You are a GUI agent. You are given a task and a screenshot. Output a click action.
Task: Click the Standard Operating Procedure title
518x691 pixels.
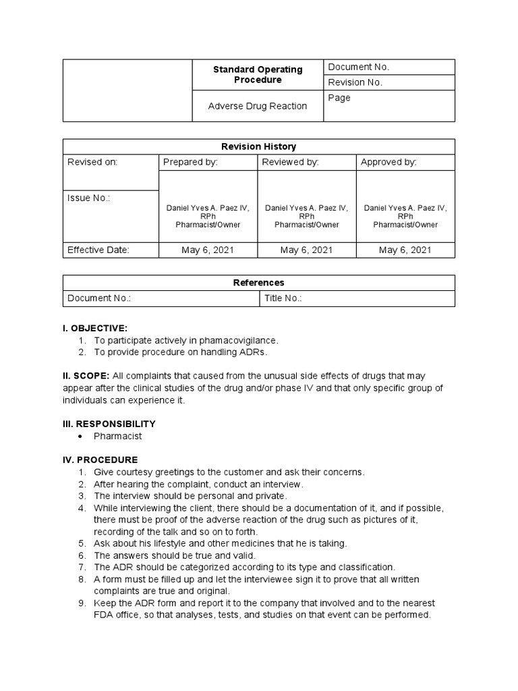pyautogui.click(x=258, y=74)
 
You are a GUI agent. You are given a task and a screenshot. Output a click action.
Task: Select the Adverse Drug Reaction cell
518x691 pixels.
pyautogui.click(x=257, y=106)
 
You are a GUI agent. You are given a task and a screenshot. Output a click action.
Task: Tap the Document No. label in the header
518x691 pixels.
pyautogui.click(x=358, y=67)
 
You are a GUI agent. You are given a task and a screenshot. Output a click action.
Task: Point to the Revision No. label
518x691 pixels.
pyautogui.click(x=355, y=82)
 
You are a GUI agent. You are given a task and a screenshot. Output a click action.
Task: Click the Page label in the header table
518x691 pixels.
pyautogui.click(x=339, y=98)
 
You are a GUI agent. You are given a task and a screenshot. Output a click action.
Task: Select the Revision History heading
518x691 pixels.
pyautogui.click(x=258, y=146)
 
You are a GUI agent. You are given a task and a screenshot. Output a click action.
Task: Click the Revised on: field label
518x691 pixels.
pyautogui.click(x=92, y=162)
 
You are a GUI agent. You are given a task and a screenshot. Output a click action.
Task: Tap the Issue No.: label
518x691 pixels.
pyautogui.click(x=88, y=198)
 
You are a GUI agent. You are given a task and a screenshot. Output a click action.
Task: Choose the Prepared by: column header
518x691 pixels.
pyautogui.click(x=190, y=162)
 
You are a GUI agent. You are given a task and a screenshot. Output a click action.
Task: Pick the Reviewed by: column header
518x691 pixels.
pyautogui.click(x=290, y=162)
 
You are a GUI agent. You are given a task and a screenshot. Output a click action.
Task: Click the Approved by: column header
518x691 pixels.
pyautogui.click(x=388, y=162)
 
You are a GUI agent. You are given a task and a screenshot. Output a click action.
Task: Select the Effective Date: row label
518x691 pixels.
pyautogui.click(x=98, y=250)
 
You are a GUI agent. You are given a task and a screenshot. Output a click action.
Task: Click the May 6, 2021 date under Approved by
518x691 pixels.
pyautogui.click(x=405, y=250)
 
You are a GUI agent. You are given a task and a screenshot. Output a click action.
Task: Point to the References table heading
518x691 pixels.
pyautogui.click(x=258, y=283)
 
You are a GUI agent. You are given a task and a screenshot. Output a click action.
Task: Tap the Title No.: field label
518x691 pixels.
pyautogui.click(x=283, y=298)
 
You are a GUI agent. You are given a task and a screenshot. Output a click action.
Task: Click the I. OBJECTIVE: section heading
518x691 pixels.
pyautogui.click(x=94, y=328)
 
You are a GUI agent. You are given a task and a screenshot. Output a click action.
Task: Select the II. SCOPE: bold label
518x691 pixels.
pyautogui.click(x=86, y=376)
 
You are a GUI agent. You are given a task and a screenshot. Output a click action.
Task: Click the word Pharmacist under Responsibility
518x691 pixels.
pyautogui.click(x=118, y=436)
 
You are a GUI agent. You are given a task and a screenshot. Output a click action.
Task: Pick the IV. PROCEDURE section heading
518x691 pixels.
pyautogui.click(x=100, y=460)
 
